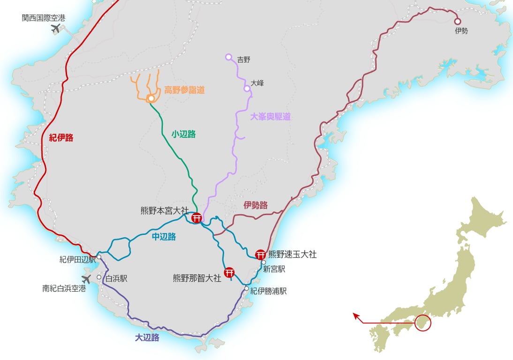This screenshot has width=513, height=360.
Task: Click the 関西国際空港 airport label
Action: [44, 18]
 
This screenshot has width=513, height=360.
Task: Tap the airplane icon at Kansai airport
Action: [56, 29]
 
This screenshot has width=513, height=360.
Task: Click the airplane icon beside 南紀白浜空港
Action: [86, 279]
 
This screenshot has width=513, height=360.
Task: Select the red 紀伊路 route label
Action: [61, 138]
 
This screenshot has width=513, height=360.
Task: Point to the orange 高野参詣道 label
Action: [184, 90]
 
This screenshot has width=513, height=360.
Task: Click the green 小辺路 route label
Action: [183, 134]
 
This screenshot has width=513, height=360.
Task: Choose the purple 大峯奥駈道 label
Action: [270, 117]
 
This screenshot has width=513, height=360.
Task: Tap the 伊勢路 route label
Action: [256, 205]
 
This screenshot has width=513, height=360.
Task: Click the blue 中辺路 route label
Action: [164, 237]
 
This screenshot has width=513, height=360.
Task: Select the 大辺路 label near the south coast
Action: [147, 337]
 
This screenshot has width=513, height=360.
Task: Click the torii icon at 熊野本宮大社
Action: [197, 217]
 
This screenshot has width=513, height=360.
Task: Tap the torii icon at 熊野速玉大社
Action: [261, 255]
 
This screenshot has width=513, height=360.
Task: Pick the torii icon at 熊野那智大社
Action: [229, 272]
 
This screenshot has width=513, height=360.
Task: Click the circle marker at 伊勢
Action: [457, 21]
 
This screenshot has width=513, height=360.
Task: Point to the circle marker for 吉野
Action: [228, 57]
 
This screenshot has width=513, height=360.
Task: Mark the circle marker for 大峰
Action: [247, 89]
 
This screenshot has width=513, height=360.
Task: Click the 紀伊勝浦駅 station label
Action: [268, 291]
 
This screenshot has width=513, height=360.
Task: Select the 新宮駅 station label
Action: [274, 269]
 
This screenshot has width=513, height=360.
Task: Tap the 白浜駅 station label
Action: [116, 278]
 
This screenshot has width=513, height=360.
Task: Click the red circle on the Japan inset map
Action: [422, 323]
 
